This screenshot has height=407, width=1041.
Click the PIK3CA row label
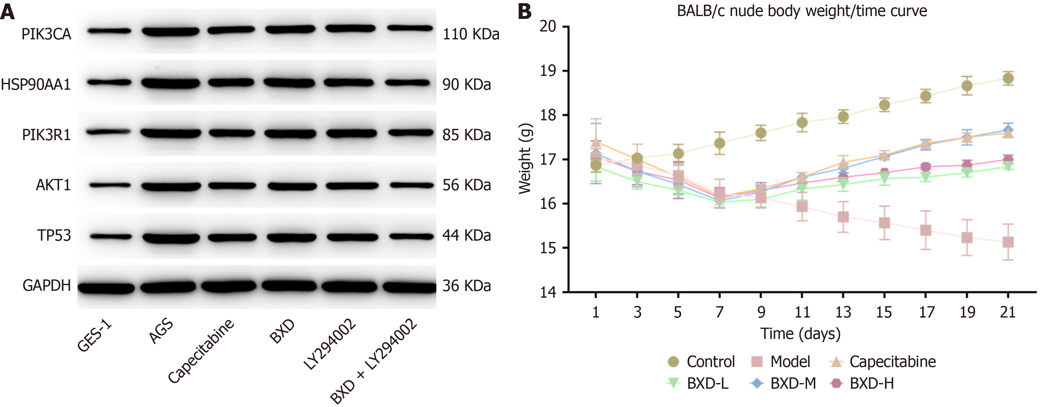[x=46, y=34]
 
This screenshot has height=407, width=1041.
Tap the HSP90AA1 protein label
[x=36, y=85]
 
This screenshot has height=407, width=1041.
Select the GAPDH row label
[x=47, y=286]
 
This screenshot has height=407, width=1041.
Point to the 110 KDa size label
[x=471, y=34]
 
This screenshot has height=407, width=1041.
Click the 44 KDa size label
[x=466, y=235]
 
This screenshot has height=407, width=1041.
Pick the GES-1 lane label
[x=94, y=335]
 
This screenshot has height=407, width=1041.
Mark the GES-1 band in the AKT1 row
[x=110, y=186]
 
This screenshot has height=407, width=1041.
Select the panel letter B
[x=525, y=11]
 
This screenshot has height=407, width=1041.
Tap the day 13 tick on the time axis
[x=843, y=312]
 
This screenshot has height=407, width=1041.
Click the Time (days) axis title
[x=800, y=334]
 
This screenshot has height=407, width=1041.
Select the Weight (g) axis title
[x=525, y=159]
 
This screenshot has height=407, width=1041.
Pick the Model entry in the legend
[x=781, y=362]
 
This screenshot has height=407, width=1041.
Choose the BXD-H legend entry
[x=862, y=383]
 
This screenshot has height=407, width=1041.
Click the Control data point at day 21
[x=1008, y=78]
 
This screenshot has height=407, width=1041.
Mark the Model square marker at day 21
[x=1008, y=242]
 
